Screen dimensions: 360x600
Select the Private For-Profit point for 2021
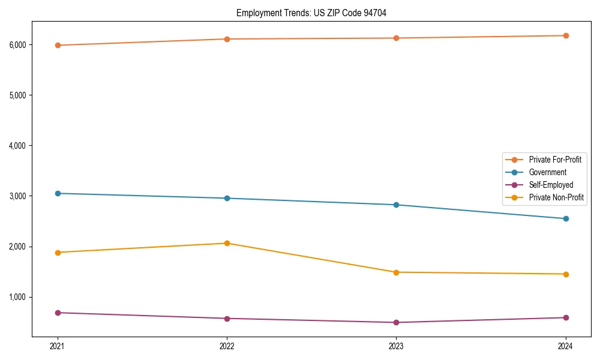click(58, 45)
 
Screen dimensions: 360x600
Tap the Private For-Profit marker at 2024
click(566, 36)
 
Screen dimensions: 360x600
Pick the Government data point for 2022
click(227, 198)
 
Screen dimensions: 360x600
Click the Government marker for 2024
click(566, 218)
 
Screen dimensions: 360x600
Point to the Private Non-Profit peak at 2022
click(227, 243)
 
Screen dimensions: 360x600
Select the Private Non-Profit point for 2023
click(396, 272)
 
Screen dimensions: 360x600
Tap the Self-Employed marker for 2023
click(396, 322)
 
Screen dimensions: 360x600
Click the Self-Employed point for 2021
click(58, 313)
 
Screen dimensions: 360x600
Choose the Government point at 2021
click(58, 193)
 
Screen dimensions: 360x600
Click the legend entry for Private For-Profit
click(554, 160)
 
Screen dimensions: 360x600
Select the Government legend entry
click(547, 172)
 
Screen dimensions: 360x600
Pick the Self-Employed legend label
click(551, 185)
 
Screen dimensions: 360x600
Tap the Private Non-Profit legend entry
click(556, 197)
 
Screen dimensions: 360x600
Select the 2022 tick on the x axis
click(227, 346)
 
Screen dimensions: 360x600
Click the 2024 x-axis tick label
click(566, 346)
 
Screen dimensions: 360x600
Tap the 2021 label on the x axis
click(58, 346)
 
